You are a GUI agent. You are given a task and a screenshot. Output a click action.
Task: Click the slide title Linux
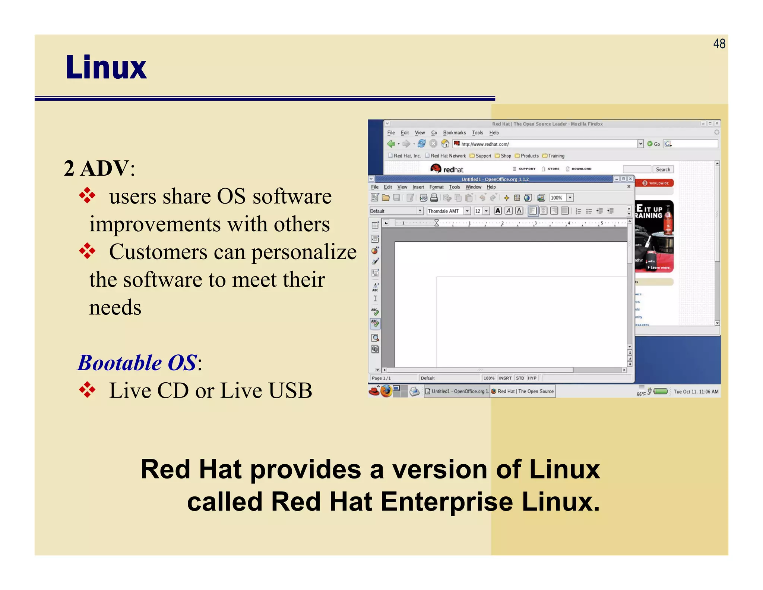pyautogui.click(x=106, y=68)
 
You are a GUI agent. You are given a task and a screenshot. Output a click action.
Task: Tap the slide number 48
pyautogui.click(x=719, y=44)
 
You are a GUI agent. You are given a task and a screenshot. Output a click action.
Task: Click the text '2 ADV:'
pyautogui.click(x=99, y=168)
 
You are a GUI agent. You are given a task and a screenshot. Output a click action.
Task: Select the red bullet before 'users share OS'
pyautogui.click(x=88, y=195)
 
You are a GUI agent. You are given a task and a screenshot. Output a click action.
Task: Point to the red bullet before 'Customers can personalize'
pyautogui.click(x=88, y=251)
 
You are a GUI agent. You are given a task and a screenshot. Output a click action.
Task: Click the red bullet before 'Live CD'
pyautogui.click(x=88, y=390)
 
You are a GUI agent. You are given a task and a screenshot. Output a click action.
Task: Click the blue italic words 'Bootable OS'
pyautogui.click(x=137, y=363)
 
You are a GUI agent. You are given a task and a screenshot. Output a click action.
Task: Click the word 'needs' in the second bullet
pyautogui.click(x=115, y=307)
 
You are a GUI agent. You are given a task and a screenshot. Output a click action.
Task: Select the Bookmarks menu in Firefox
pyautogui.click(x=454, y=133)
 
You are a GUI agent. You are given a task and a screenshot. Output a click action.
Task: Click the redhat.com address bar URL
pyautogui.click(x=485, y=144)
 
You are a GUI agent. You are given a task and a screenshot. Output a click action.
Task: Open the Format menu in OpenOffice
pyautogui.click(x=436, y=187)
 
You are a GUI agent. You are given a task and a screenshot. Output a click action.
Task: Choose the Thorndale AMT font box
pyautogui.click(x=444, y=211)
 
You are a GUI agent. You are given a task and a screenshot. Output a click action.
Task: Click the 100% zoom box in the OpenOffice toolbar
pyautogui.click(x=557, y=198)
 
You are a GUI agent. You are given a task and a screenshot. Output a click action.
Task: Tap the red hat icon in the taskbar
pyautogui.click(x=374, y=391)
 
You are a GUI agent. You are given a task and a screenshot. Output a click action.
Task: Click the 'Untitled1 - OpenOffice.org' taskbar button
pyautogui.click(x=457, y=391)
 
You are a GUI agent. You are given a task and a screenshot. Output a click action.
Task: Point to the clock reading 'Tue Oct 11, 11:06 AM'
pyautogui.click(x=696, y=392)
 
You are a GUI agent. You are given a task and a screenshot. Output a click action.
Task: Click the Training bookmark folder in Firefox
pyautogui.click(x=556, y=156)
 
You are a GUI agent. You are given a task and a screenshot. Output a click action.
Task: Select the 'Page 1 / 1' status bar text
pyautogui.click(x=381, y=378)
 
